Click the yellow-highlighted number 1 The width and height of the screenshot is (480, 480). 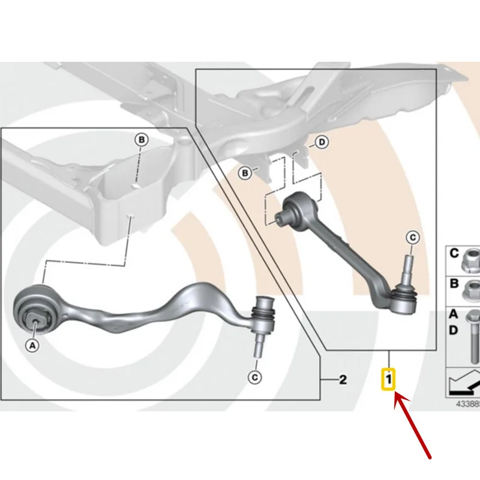click(x=388, y=380)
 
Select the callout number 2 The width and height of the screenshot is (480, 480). click(x=343, y=380)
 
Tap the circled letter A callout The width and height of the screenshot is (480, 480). click(x=32, y=346)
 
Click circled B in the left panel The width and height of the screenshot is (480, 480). click(x=142, y=140)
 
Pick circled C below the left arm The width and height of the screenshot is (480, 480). click(x=254, y=377)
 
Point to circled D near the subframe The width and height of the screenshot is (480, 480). click(x=322, y=142)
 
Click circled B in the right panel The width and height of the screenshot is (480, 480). click(x=245, y=173)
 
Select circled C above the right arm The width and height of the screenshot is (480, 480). click(x=413, y=238)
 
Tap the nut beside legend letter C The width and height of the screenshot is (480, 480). click(x=472, y=261)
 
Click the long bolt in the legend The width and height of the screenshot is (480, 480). click(x=475, y=337)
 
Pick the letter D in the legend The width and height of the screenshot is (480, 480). click(x=454, y=331)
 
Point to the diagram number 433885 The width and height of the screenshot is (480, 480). click(x=468, y=404)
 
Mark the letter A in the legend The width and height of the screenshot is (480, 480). click(x=454, y=314)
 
